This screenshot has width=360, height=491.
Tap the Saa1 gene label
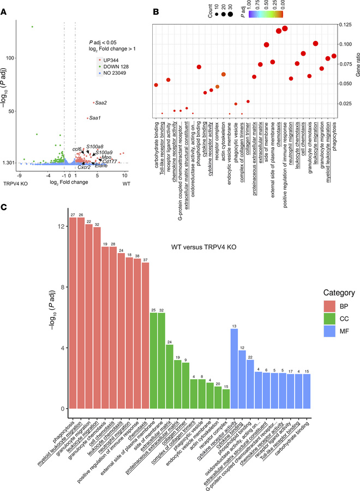(96, 118)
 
